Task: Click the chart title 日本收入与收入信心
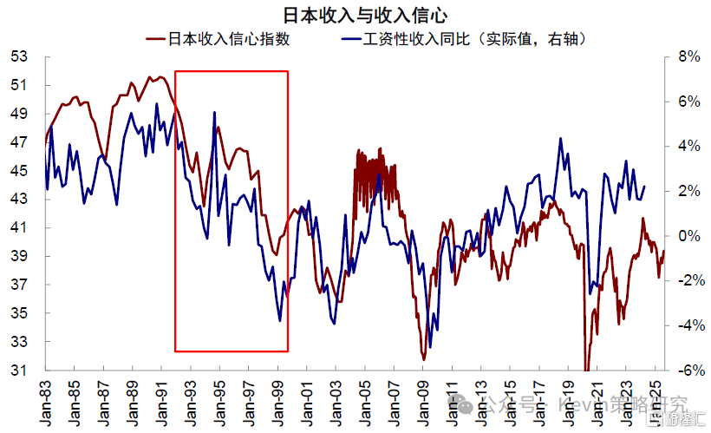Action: tap(355, 15)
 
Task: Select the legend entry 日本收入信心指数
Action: tap(228, 39)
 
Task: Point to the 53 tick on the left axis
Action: tap(19, 56)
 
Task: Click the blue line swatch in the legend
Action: tap(350, 39)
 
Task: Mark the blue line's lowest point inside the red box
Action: tap(280, 321)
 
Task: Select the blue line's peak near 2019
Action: tap(562, 138)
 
